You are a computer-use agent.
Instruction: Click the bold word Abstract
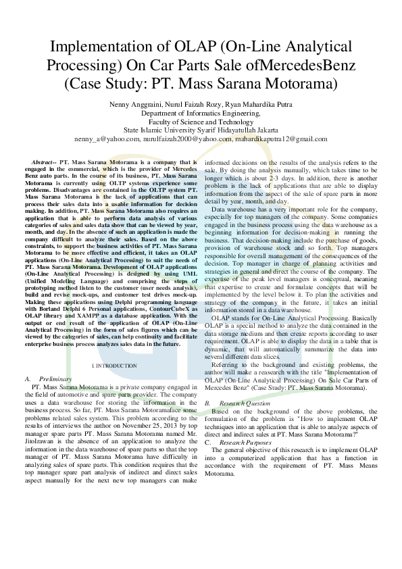click(x=43, y=163)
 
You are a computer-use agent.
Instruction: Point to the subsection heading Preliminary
click(x=55, y=378)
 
